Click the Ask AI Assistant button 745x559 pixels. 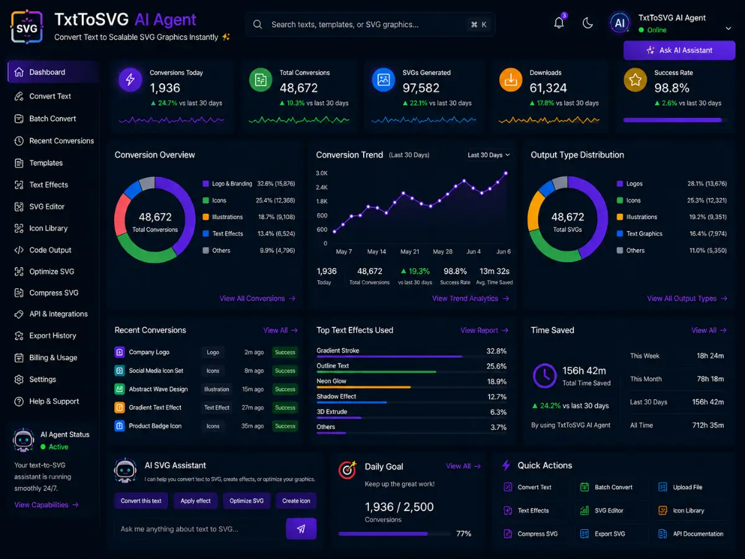coord(679,50)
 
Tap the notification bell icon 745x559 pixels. coord(559,23)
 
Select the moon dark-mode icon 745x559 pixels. coord(587,24)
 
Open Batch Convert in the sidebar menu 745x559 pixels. coord(53,119)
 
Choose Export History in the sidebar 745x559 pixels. coord(53,335)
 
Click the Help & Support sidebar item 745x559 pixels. coord(54,401)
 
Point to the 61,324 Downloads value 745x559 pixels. coord(548,88)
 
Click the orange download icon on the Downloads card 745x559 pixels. coord(510,80)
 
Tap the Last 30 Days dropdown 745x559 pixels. coord(489,155)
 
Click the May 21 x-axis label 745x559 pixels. coord(410,252)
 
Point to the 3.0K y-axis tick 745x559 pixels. coord(322,173)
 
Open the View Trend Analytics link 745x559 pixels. coord(471,298)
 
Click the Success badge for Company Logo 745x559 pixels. coord(285,352)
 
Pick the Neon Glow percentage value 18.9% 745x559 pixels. coord(497,381)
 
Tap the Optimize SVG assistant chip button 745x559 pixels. coord(246,501)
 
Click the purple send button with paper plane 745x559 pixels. coord(301,529)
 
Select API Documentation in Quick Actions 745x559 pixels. coord(690,534)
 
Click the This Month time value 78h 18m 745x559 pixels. coord(710,379)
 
